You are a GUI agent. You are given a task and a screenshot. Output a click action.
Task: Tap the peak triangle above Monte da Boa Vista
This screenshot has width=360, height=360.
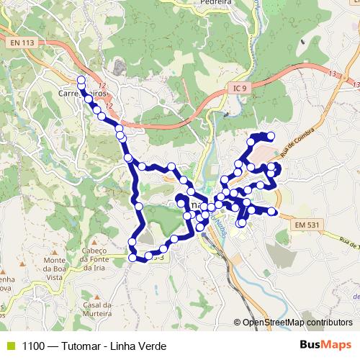(x=55, y=250)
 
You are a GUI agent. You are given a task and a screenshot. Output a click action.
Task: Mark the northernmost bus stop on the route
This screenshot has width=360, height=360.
(x=81, y=80)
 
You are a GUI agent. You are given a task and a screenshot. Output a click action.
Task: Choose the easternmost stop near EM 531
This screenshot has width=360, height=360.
(x=274, y=212)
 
